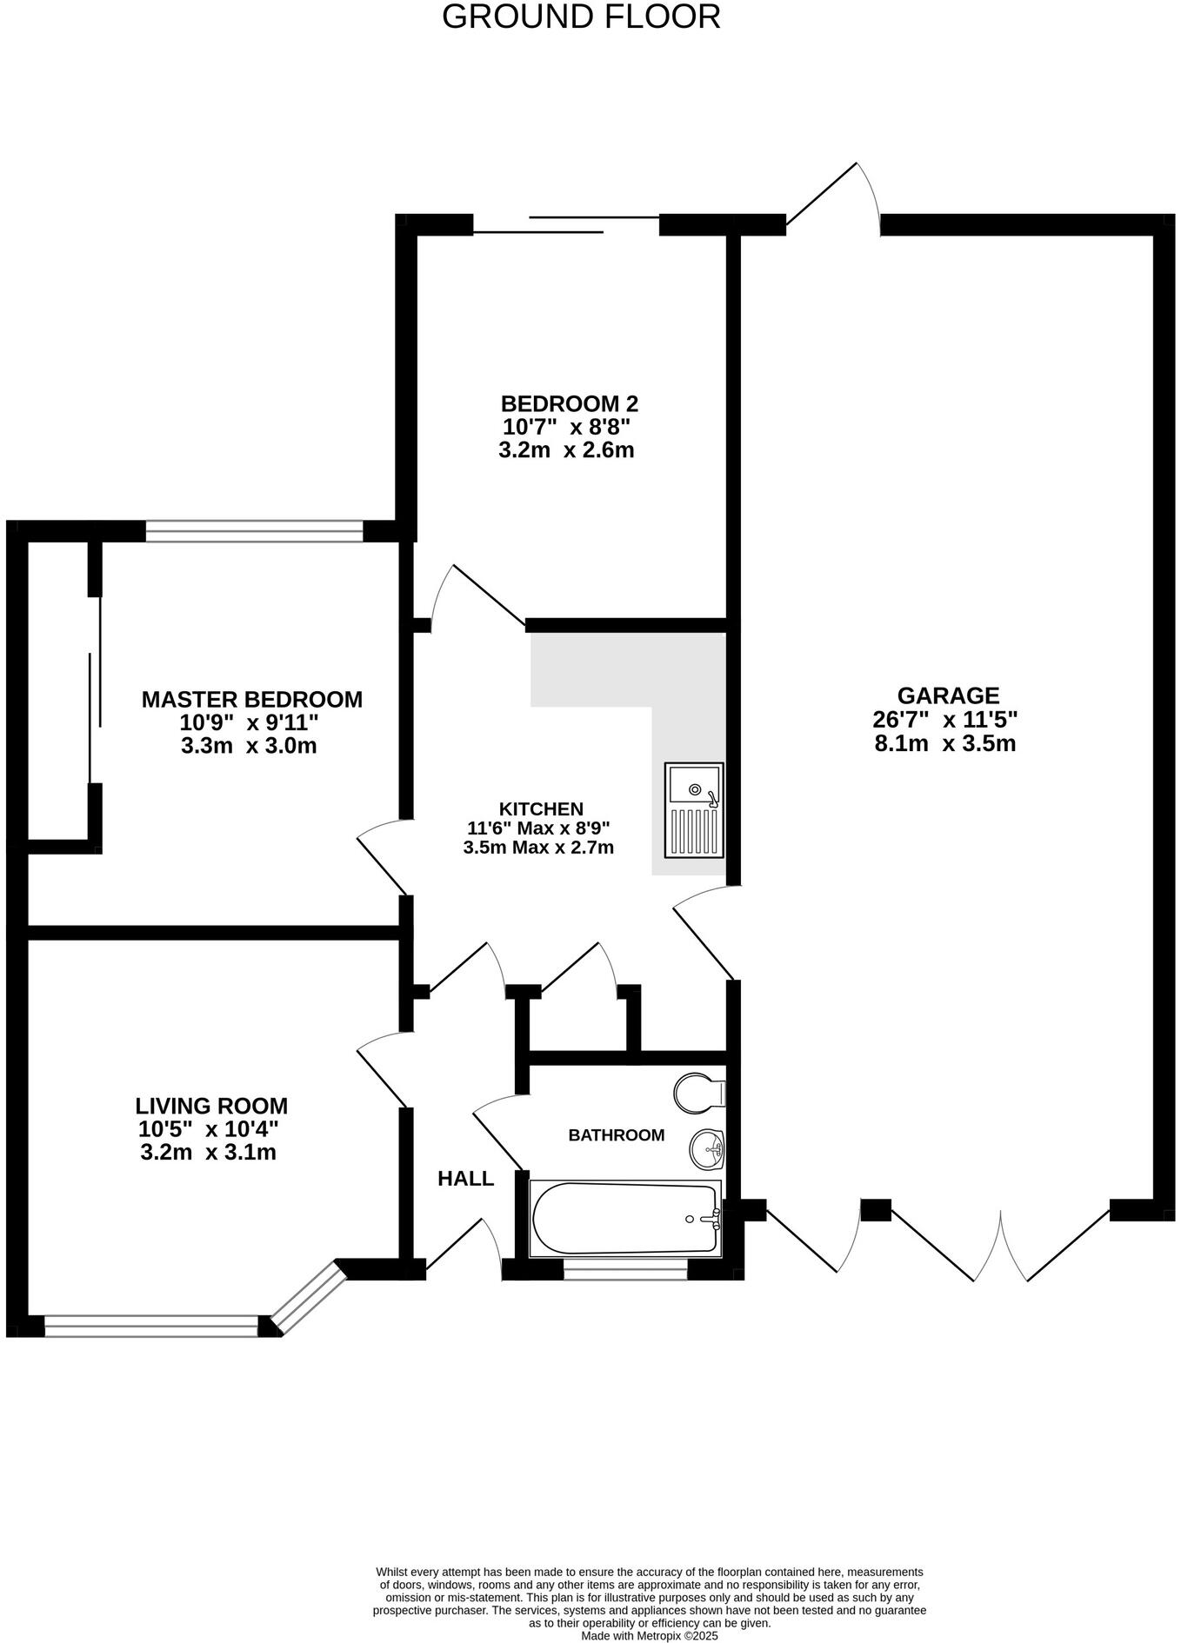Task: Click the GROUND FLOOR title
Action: click(x=581, y=17)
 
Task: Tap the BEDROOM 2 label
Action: click(x=569, y=403)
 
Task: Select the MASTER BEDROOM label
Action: click(x=251, y=699)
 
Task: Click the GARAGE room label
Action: click(x=948, y=695)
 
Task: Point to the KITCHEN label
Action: click(x=541, y=808)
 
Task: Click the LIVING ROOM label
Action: click(x=211, y=1106)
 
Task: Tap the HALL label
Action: click(x=465, y=1179)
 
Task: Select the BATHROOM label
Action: click(x=616, y=1134)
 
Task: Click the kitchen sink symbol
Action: click(x=694, y=809)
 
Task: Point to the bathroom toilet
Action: click(x=697, y=1092)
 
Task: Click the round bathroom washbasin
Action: click(x=707, y=1149)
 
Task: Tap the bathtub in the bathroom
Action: click(x=625, y=1218)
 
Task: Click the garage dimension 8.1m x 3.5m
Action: click(x=945, y=743)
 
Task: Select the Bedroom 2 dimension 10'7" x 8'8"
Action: click(x=565, y=427)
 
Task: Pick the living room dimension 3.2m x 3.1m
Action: click(x=208, y=1153)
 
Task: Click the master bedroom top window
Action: click(x=254, y=530)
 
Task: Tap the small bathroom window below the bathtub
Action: click(x=625, y=1274)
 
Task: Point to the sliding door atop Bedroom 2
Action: click(x=565, y=224)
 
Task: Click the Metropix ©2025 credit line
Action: click(x=650, y=1635)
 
